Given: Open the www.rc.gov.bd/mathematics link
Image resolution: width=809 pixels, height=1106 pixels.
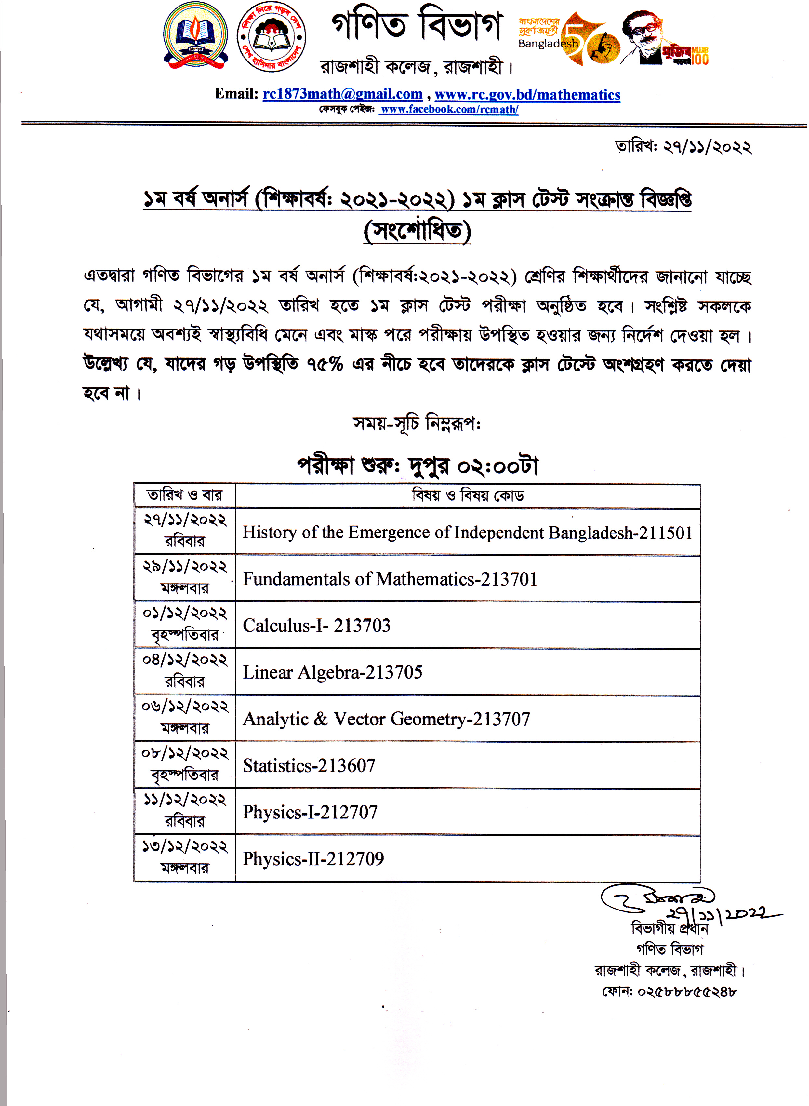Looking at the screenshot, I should coord(527,95).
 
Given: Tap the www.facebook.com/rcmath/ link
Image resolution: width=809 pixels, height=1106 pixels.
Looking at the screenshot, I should coord(449,109).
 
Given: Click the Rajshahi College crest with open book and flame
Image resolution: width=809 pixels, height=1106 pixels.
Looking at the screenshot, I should coord(195,35).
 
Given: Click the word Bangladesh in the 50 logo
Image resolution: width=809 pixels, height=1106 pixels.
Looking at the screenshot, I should coord(548,44).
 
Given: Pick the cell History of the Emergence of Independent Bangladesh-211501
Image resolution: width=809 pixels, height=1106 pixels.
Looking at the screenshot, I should coord(468,533).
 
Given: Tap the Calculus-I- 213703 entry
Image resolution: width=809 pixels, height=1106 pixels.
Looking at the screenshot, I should coord(317,626).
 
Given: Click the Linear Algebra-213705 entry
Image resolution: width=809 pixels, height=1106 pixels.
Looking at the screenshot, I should coord(333,672).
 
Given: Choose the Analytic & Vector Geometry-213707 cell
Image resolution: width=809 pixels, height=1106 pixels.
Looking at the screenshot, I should coord(386,719).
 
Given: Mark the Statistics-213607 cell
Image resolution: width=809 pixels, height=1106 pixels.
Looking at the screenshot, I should coord(309,765).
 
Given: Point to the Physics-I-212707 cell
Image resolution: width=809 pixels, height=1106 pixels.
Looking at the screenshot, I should coord(310,812).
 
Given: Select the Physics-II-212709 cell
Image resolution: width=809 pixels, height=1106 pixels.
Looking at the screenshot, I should coord(313,859).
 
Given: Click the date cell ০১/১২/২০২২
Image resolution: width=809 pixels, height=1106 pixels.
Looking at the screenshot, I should coord(185,613).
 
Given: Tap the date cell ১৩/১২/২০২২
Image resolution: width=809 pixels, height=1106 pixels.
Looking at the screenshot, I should coord(185,846).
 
